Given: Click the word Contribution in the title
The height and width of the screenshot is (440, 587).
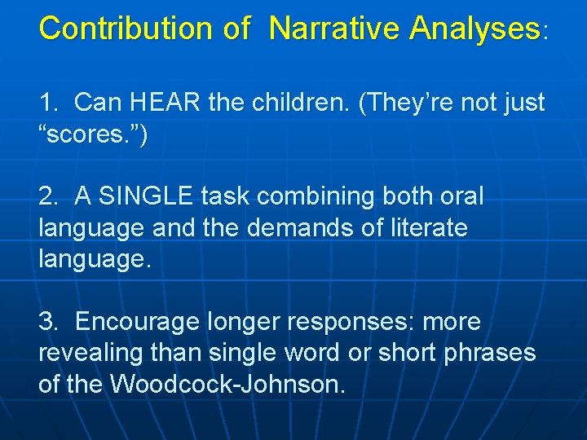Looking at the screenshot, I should (128, 29).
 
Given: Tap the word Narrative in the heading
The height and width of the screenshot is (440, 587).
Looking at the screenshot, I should (334, 29).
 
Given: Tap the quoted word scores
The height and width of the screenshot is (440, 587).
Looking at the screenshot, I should (92, 135).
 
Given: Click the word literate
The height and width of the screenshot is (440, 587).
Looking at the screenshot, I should (423, 228).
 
